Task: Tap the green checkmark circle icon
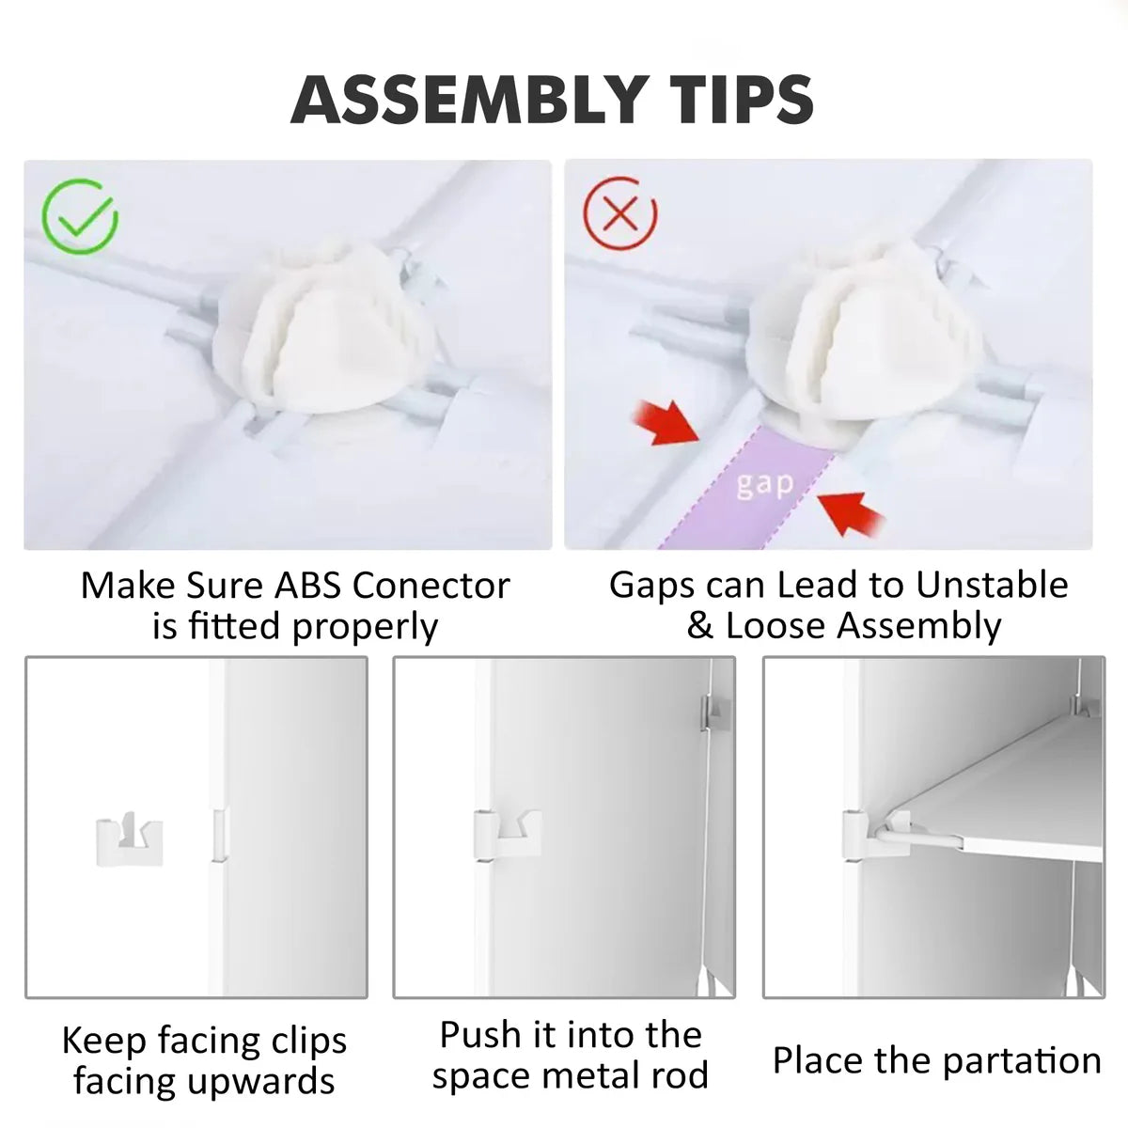(x=81, y=217)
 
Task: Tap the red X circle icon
(x=620, y=214)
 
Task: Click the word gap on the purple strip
(x=765, y=485)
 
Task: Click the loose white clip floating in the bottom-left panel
(x=130, y=839)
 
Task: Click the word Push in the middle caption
(x=480, y=1035)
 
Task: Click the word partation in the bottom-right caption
(x=1019, y=1060)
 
